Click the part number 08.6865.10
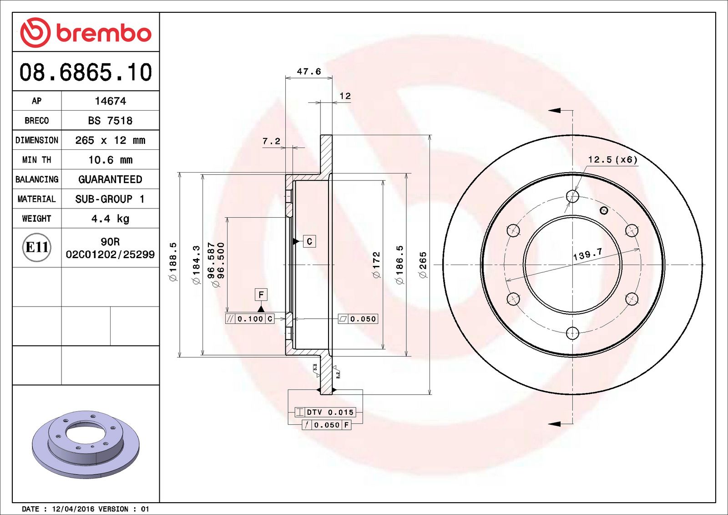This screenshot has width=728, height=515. [86, 72]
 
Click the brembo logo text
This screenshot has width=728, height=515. [104, 33]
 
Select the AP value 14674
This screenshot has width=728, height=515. [110, 101]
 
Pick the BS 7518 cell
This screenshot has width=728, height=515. [110, 121]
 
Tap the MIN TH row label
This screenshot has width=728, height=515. [36, 160]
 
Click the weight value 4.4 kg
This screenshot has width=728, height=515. [110, 219]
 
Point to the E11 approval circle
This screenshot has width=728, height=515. [36, 247]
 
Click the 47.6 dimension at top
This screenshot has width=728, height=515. [308, 71]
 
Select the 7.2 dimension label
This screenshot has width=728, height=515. [271, 141]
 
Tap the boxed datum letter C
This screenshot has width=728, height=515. [309, 241]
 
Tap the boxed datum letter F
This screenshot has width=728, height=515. [261, 295]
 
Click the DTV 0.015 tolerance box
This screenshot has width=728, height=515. [325, 412]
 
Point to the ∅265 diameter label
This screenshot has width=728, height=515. [423, 265]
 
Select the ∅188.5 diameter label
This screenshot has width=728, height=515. [173, 262]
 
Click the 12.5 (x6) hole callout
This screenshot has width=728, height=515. [612, 159]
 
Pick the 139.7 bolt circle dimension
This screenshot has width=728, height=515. [587, 254]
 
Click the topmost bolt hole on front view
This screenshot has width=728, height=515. [572, 196]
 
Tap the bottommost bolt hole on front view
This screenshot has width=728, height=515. [572, 333]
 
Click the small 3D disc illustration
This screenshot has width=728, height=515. [86, 444]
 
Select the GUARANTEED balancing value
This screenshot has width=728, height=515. [110, 179]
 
